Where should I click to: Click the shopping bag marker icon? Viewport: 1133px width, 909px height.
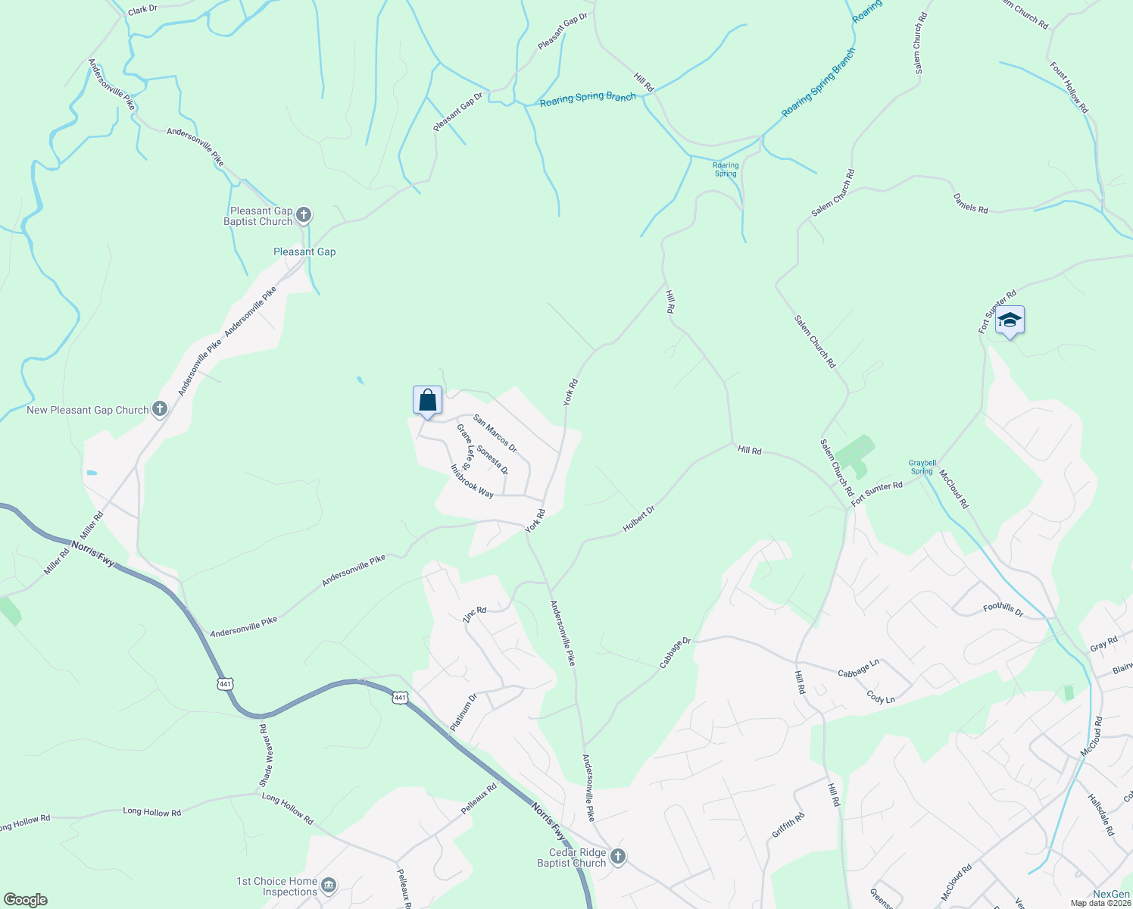coord(427,400)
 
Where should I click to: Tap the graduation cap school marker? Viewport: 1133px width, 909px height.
coord(1010,320)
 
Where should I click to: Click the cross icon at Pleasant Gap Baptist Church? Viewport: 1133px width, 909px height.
coord(304,216)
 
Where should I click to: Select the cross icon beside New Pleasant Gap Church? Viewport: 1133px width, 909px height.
coord(160,410)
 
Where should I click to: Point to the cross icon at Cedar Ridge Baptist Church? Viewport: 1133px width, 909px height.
coord(618,857)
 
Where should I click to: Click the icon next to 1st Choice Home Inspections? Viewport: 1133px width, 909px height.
coord(329,886)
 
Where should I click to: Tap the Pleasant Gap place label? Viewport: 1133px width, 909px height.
coord(304,251)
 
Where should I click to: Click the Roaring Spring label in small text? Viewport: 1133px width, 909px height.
coord(726,170)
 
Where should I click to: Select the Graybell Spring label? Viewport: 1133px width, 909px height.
coord(922,467)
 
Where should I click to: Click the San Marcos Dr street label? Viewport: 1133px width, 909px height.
coord(495,433)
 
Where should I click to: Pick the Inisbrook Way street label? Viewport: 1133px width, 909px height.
coord(472,481)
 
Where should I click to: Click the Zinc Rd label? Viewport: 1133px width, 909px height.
coord(474,614)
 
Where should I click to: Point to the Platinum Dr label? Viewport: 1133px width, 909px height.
coord(463,712)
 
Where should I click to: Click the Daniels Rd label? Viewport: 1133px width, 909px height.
coord(970,204)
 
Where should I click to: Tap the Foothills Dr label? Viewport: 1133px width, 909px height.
coord(1003,608)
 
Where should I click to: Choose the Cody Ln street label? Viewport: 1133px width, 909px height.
coord(881,698)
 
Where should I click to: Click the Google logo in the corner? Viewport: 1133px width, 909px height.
coord(25,899)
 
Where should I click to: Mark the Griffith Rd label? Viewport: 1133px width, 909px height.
coord(788,825)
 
